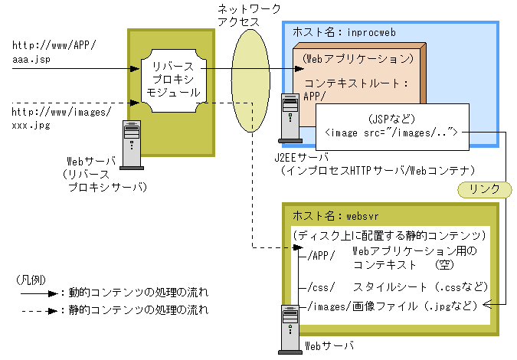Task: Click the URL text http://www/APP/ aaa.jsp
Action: click(54, 51)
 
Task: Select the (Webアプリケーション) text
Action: click(359, 59)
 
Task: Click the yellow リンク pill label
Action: click(483, 188)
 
